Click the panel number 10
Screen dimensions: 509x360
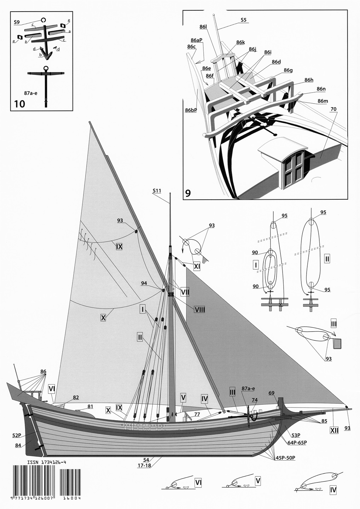tap(19, 104)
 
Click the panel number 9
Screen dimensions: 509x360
tap(188, 193)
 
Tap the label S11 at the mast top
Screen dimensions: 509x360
tap(157, 191)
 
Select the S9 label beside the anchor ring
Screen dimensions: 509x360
tap(17, 22)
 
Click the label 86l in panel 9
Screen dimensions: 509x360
tap(203, 27)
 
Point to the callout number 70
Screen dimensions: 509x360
tap(333, 110)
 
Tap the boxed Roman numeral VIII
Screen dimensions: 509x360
tap(199, 310)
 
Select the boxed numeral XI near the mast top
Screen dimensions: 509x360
tap(197, 266)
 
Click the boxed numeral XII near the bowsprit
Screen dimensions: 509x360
tap(334, 430)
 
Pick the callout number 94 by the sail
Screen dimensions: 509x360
tap(144, 283)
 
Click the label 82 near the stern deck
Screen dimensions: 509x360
tap(76, 398)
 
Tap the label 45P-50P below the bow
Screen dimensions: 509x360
tap(285, 458)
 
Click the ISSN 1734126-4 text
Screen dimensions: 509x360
tap(47, 462)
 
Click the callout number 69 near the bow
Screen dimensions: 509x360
tap(271, 393)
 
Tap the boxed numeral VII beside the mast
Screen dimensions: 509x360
tap(185, 292)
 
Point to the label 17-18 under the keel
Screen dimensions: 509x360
tap(144, 465)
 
